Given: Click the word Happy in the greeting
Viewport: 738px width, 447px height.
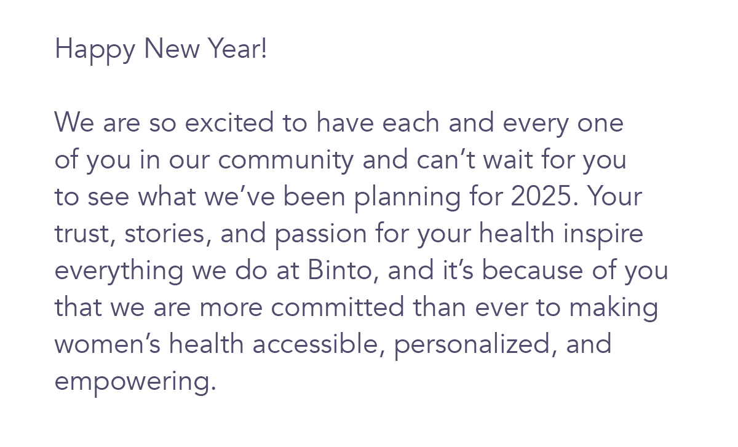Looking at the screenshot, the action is tap(95, 50).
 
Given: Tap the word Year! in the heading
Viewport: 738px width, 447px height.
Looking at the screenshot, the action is tap(238, 48).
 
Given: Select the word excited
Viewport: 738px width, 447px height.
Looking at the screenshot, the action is tap(229, 122).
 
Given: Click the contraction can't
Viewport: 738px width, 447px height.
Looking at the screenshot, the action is tap(446, 159).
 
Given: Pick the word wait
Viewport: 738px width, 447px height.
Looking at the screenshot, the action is tap(508, 159).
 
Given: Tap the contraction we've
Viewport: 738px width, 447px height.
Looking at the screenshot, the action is tap(239, 196).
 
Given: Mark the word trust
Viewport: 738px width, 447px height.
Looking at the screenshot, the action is tap(85, 234).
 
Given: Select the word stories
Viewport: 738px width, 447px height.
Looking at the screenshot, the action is tap(167, 234).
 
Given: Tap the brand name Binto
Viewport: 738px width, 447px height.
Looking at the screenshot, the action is tap(343, 271).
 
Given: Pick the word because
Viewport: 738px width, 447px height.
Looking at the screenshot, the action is tap(533, 270).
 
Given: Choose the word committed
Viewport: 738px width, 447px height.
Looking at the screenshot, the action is tap(338, 307).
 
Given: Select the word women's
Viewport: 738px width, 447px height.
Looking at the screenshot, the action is tap(108, 344).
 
